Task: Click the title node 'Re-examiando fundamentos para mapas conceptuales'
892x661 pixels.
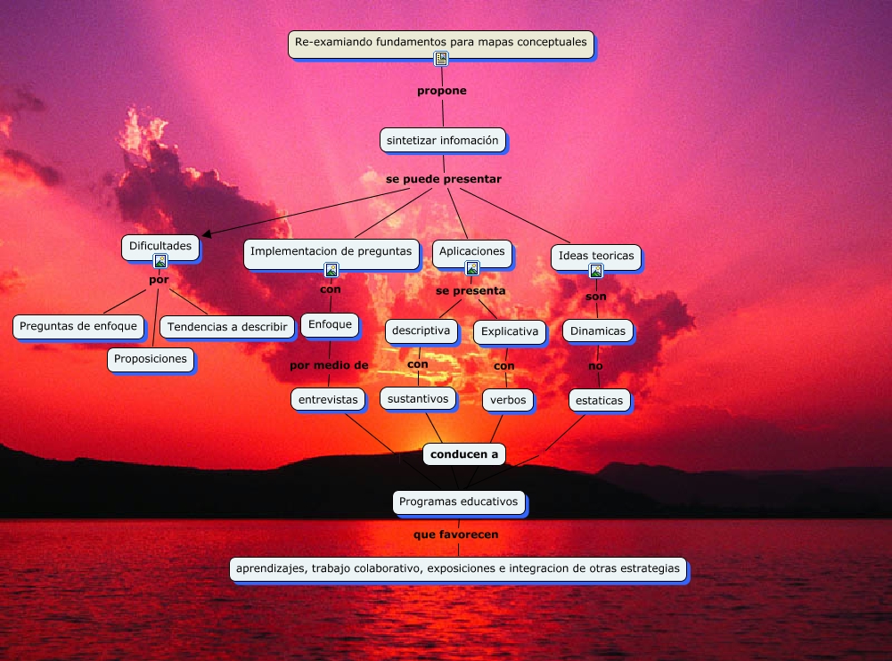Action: pos(441,42)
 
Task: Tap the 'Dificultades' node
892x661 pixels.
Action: pos(160,246)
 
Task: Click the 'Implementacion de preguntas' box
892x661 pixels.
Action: pos(331,251)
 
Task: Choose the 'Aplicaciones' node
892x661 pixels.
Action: pos(472,251)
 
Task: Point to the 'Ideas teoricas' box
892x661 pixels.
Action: pos(596,256)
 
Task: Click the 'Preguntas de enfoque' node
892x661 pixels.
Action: pos(78,326)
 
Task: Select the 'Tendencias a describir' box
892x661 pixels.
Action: pos(228,327)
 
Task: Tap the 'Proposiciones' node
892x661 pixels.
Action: pos(151,359)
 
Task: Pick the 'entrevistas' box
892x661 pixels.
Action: pos(328,399)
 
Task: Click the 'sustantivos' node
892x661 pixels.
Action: pos(418,398)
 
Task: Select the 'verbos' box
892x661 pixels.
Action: pos(508,400)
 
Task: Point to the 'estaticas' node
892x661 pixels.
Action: pos(600,400)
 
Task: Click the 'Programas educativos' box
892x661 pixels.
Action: pos(459,502)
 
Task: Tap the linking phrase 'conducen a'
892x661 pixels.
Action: pos(464,454)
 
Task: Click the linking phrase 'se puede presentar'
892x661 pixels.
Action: pos(444,179)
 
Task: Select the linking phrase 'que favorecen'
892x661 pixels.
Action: pos(456,535)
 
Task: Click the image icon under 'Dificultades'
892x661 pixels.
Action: pos(160,262)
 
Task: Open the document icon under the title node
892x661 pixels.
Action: pos(441,60)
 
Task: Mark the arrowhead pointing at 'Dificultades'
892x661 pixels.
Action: pos(207,233)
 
